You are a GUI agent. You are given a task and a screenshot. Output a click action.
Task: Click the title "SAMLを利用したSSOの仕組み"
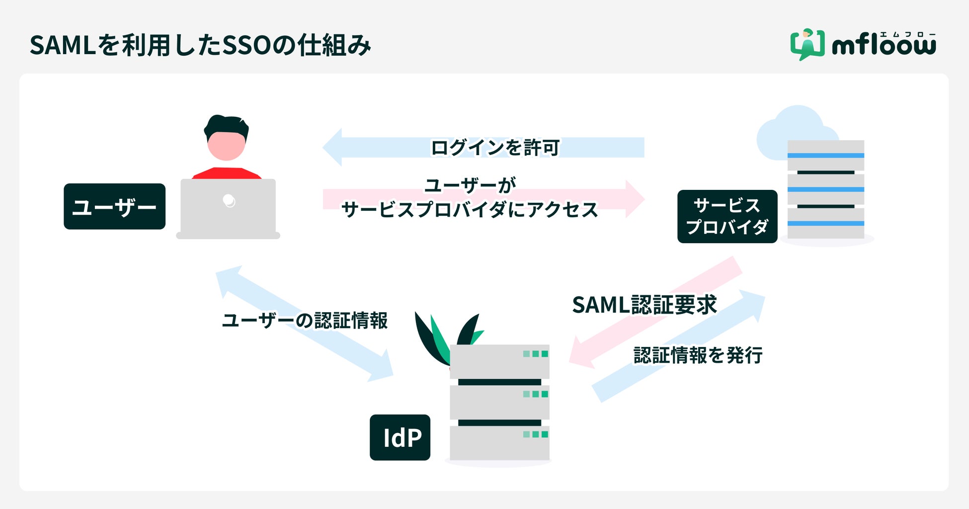[200, 45]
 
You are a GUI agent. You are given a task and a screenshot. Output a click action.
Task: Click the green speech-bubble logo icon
[807, 44]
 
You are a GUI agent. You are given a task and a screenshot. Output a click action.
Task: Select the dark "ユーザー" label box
[114, 206]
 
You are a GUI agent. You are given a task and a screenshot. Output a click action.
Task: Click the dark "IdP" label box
[400, 437]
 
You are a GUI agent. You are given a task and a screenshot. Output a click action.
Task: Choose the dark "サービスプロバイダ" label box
[727, 216]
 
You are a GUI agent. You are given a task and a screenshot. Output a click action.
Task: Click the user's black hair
[226, 125]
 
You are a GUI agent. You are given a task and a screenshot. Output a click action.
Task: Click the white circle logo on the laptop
[229, 200]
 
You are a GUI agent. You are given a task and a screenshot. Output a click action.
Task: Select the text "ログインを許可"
[495, 148]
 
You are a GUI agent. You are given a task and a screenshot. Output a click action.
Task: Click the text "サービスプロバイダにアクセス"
[470, 210]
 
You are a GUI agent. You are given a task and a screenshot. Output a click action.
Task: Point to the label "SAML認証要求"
[645, 305]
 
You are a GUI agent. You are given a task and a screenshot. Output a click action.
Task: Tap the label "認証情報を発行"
[698, 355]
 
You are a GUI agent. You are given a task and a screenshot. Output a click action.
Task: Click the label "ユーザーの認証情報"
[305, 321]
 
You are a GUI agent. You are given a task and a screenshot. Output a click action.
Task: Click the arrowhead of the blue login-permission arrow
[333, 147]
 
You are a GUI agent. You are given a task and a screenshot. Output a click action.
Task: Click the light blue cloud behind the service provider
[790, 129]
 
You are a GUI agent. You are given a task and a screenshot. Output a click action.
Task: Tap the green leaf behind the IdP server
[439, 340]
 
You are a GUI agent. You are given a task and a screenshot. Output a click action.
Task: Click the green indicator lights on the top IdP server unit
[535, 354]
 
